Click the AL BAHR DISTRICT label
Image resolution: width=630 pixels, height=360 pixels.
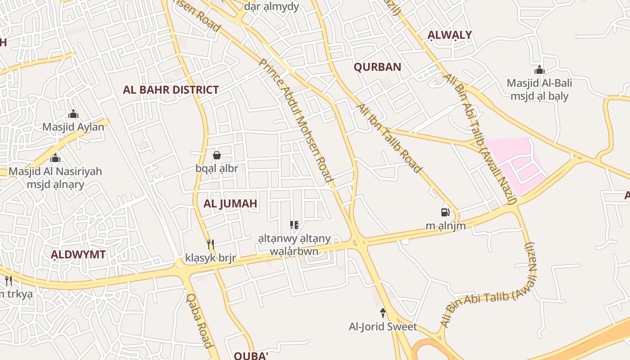[x=171, y=90]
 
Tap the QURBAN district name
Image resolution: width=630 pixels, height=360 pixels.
[x=377, y=67]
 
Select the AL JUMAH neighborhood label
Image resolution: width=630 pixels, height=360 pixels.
[x=230, y=203]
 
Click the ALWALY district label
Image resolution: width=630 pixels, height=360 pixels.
[x=450, y=35]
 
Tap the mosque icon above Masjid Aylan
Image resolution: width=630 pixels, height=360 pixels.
[x=73, y=114]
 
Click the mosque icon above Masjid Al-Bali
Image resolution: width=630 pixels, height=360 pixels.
[x=539, y=70]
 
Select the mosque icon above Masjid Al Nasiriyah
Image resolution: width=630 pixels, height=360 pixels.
[x=55, y=158]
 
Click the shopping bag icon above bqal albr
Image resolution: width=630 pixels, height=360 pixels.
[x=217, y=155]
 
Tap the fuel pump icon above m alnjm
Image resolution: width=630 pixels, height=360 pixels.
[x=445, y=212]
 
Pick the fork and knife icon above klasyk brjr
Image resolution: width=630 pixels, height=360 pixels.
[x=210, y=244]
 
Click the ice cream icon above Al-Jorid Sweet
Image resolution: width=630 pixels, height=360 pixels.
[x=383, y=313]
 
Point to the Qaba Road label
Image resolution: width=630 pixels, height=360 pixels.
[x=198, y=320]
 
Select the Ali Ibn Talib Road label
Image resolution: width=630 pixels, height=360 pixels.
[x=389, y=138]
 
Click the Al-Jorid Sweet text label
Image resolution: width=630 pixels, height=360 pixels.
[x=383, y=327]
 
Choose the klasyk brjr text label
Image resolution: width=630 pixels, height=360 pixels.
[x=211, y=258]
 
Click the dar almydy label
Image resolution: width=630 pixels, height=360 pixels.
[x=271, y=6]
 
